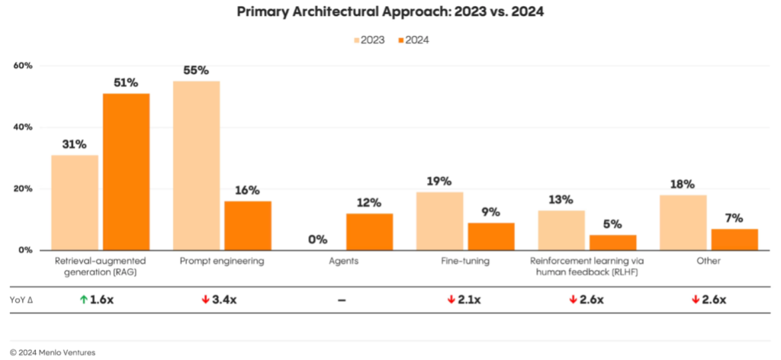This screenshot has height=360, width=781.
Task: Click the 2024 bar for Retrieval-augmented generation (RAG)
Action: click(x=127, y=172)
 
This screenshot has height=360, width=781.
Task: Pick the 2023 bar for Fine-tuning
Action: click(x=440, y=220)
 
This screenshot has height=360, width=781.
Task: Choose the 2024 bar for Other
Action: click(x=734, y=239)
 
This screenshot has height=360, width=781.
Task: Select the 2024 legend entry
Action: click(x=413, y=40)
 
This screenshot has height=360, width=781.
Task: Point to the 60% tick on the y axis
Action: click(x=23, y=66)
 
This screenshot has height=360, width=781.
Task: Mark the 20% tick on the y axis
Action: click(x=23, y=188)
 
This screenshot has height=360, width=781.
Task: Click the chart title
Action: click(x=390, y=13)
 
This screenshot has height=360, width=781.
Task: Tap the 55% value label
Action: click(x=196, y=70)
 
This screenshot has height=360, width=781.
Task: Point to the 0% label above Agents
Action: click(x=318, y=239)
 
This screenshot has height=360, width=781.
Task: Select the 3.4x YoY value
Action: click(x=224, y=300)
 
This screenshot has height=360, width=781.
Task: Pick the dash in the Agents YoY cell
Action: click(x=341, y=300)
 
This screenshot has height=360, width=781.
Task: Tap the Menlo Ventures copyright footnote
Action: click(x=49, y=352)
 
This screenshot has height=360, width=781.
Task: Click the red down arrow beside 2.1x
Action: click(x=452, y=300)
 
